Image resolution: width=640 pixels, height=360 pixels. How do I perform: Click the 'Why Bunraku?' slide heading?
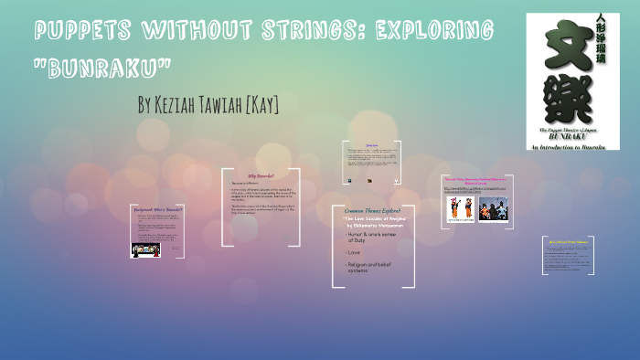pyautogui.click(x=261, y=175)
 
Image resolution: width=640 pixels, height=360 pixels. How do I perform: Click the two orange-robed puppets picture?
pyautogui.click(x=459, y=209)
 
